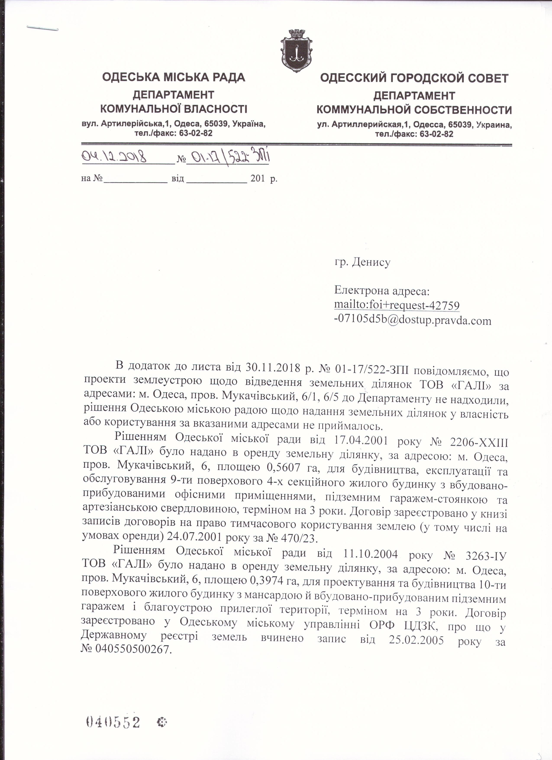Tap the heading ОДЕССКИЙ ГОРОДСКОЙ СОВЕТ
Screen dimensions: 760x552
(x=414, y=78)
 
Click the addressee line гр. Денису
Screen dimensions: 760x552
(x=362, y=262)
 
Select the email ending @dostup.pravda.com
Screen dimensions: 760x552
(x=413, y=321)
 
